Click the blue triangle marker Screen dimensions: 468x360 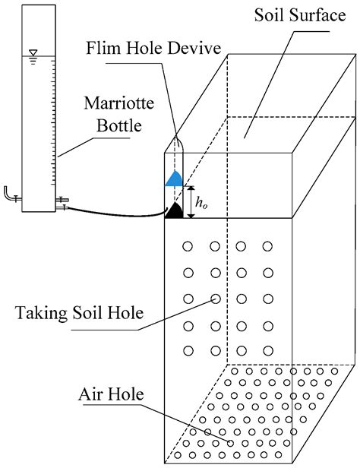pos(174,179)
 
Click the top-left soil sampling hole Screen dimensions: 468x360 pos(188,246)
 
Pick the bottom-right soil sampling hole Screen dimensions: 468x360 pos(267,350)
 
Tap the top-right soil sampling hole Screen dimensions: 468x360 pos(267,246)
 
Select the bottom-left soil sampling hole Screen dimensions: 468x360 pos(188,350)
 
